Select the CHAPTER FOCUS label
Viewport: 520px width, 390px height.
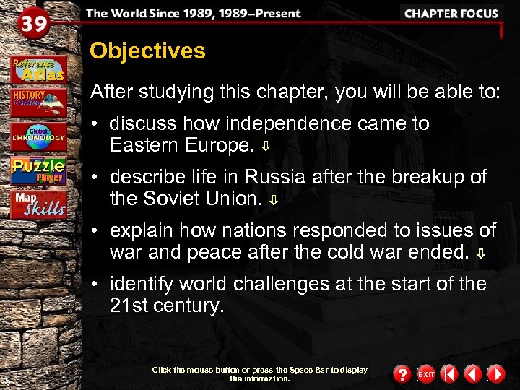(451, 14)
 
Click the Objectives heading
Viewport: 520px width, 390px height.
(147, 51)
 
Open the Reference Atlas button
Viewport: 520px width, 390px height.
(38, 69)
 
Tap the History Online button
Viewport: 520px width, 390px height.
(38, 101)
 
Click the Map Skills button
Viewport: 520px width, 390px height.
(38, 204)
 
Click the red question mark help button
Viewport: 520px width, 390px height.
(402, 374)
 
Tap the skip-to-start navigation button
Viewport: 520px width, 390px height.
(449, 374)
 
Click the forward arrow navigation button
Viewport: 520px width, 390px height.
(495, 374)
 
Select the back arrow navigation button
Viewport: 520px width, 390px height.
(472, 374)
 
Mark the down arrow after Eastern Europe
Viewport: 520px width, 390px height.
(266, 147)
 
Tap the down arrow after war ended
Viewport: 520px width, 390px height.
(481, 253)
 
